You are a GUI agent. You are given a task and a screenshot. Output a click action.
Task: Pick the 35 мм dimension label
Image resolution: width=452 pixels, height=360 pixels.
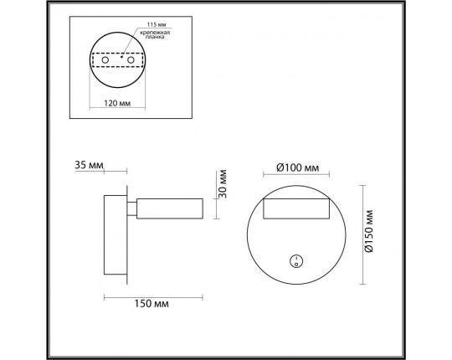(88, 166)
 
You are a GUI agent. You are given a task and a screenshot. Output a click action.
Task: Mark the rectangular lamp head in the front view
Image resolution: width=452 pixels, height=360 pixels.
(296, 210)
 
